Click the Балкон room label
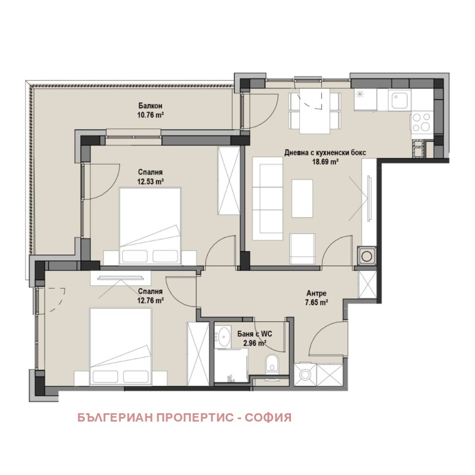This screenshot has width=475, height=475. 150,106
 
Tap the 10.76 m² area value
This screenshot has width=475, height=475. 151,115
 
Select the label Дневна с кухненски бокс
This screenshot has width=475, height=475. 325,153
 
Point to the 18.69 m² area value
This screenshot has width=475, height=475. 325,161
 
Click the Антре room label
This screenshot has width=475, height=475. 316,293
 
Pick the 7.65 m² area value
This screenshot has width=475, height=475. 316,302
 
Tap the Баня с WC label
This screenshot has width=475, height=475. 255,334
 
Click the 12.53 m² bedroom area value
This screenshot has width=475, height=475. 151,182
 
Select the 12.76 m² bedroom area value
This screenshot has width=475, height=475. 151,300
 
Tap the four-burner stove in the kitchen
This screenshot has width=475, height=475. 422,122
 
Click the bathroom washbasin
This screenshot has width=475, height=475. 223,337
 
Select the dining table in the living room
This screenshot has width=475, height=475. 315,111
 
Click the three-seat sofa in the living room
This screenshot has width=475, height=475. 268,199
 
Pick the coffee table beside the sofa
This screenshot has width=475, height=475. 302,198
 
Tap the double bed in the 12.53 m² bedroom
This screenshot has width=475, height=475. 151,226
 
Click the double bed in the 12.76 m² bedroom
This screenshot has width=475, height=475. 121,347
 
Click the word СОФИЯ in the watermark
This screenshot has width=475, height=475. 268,417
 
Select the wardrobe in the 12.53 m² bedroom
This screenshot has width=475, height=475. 229,181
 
